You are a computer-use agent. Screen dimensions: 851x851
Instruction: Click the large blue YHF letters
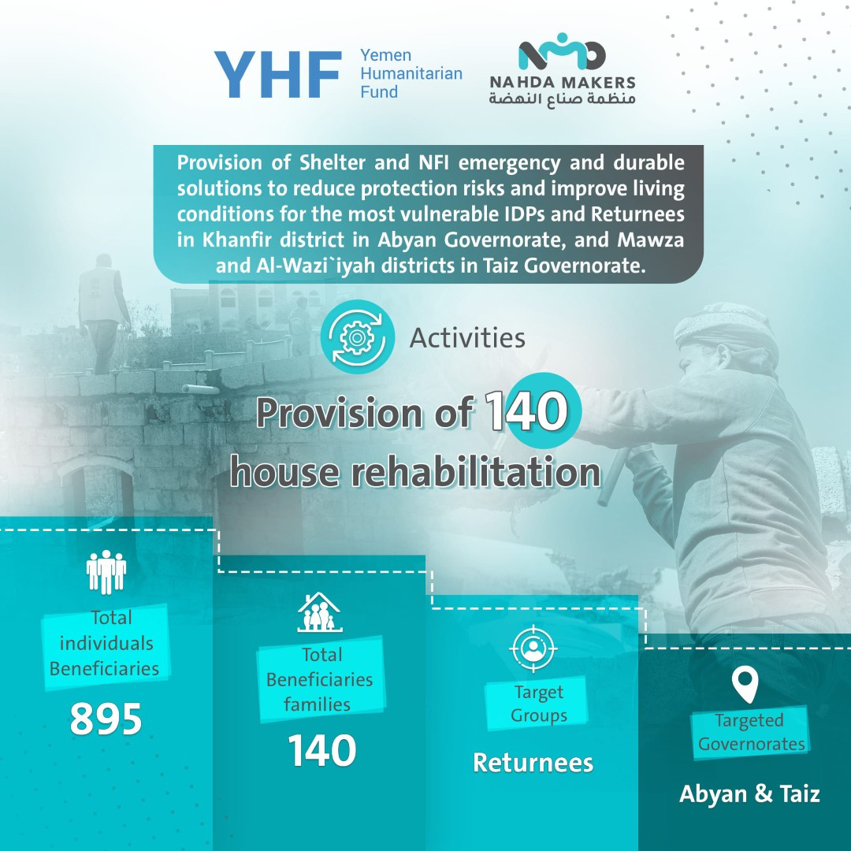pyautogui.click(x=278, y=74)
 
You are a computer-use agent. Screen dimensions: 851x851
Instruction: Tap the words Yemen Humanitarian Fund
pyautogui.click(x=411, y=73)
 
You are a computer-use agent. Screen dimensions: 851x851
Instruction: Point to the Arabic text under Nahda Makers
pyautogui.click(x=563, y=98)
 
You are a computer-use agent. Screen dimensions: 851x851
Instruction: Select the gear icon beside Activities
pyautogui.click(x=357, y=337)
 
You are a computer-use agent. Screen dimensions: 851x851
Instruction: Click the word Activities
pyautogui.click(x=467, y=337)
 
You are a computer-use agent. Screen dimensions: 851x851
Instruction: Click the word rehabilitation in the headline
pyautogui.click(x=476, y=472)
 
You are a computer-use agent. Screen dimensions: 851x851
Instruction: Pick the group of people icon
pyautogui.click(x=106, y=571)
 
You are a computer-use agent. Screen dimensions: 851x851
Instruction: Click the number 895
pyautogui.click(x=106, y=719)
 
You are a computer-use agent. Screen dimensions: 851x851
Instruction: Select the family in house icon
pyautogui.click(x=320, y=612)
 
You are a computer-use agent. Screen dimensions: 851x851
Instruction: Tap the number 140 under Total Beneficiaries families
pyautogui.click(x=321, y=751)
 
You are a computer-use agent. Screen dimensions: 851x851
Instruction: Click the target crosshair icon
pyautogui.click(x=533, y=648)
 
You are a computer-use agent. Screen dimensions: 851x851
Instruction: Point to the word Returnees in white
pyautogui.click(x=533, y=763)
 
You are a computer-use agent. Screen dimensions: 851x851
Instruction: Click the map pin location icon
pyautogui.click(x=745, y=685)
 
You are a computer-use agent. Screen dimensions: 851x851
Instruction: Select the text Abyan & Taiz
pyautogui.click(x=749, y=793)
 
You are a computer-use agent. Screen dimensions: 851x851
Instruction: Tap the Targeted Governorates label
pyautogui.click(x=751, y=731)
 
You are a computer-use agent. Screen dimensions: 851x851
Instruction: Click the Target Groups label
pyautogui.click(x=539, y=704)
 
